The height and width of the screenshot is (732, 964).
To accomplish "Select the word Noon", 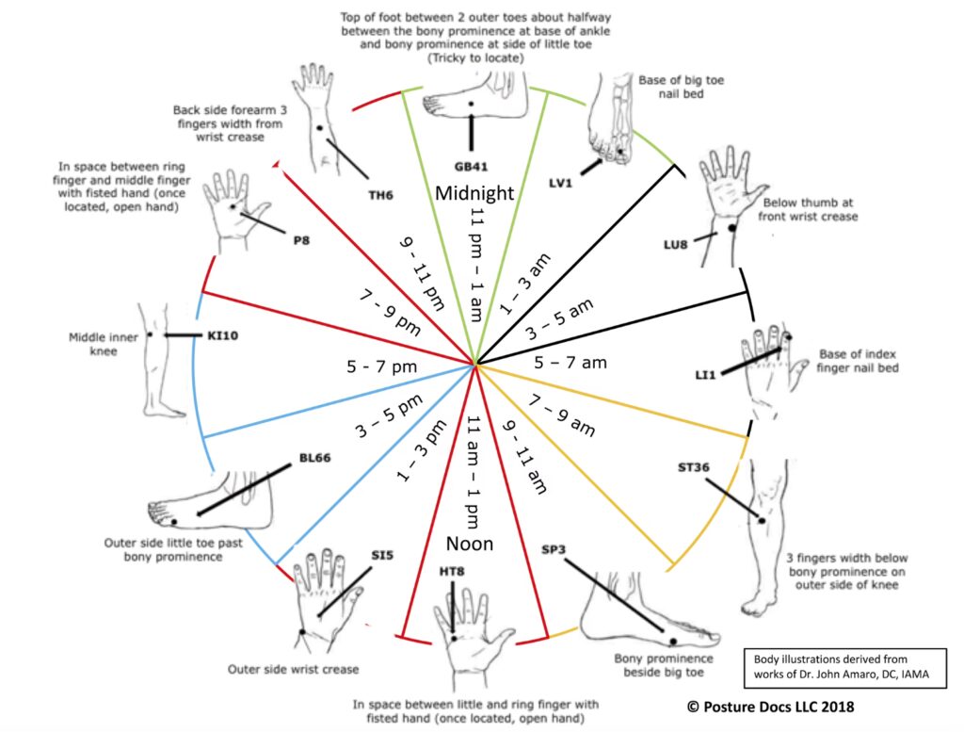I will click(x=469, y=544).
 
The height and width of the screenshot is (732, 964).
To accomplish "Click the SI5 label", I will click(x=381, y=555).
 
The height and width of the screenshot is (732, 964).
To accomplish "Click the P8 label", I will click(x=301, y=239).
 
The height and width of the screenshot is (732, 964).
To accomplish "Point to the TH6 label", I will click(x=381, y=196).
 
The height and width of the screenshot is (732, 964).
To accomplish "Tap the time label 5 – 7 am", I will click(x=570, y=361).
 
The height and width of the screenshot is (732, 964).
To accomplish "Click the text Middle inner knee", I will click(x=91, y=343).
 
